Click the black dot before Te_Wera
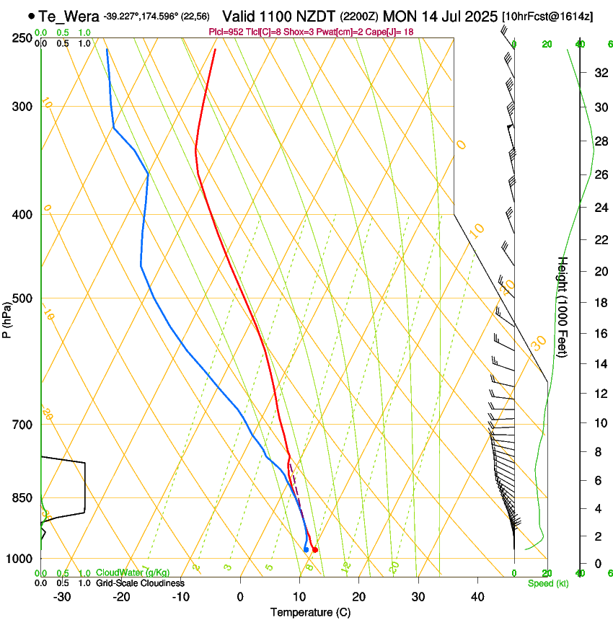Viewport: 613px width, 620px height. [31, 15]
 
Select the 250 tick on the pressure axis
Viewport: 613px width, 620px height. [22, 38]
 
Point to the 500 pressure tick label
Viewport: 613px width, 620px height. [22, 298]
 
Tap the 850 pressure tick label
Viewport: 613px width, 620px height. [22, 498]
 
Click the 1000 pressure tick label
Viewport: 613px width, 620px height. [19, 559]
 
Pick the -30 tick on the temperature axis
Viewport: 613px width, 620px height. [62, 597]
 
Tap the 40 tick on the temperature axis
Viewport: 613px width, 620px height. [477, 597]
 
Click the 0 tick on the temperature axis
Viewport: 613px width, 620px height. [240, 597]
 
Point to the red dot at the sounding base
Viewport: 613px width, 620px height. [315, 550]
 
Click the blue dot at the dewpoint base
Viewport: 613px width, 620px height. [306, 549]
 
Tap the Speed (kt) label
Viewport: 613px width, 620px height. [547, 583]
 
